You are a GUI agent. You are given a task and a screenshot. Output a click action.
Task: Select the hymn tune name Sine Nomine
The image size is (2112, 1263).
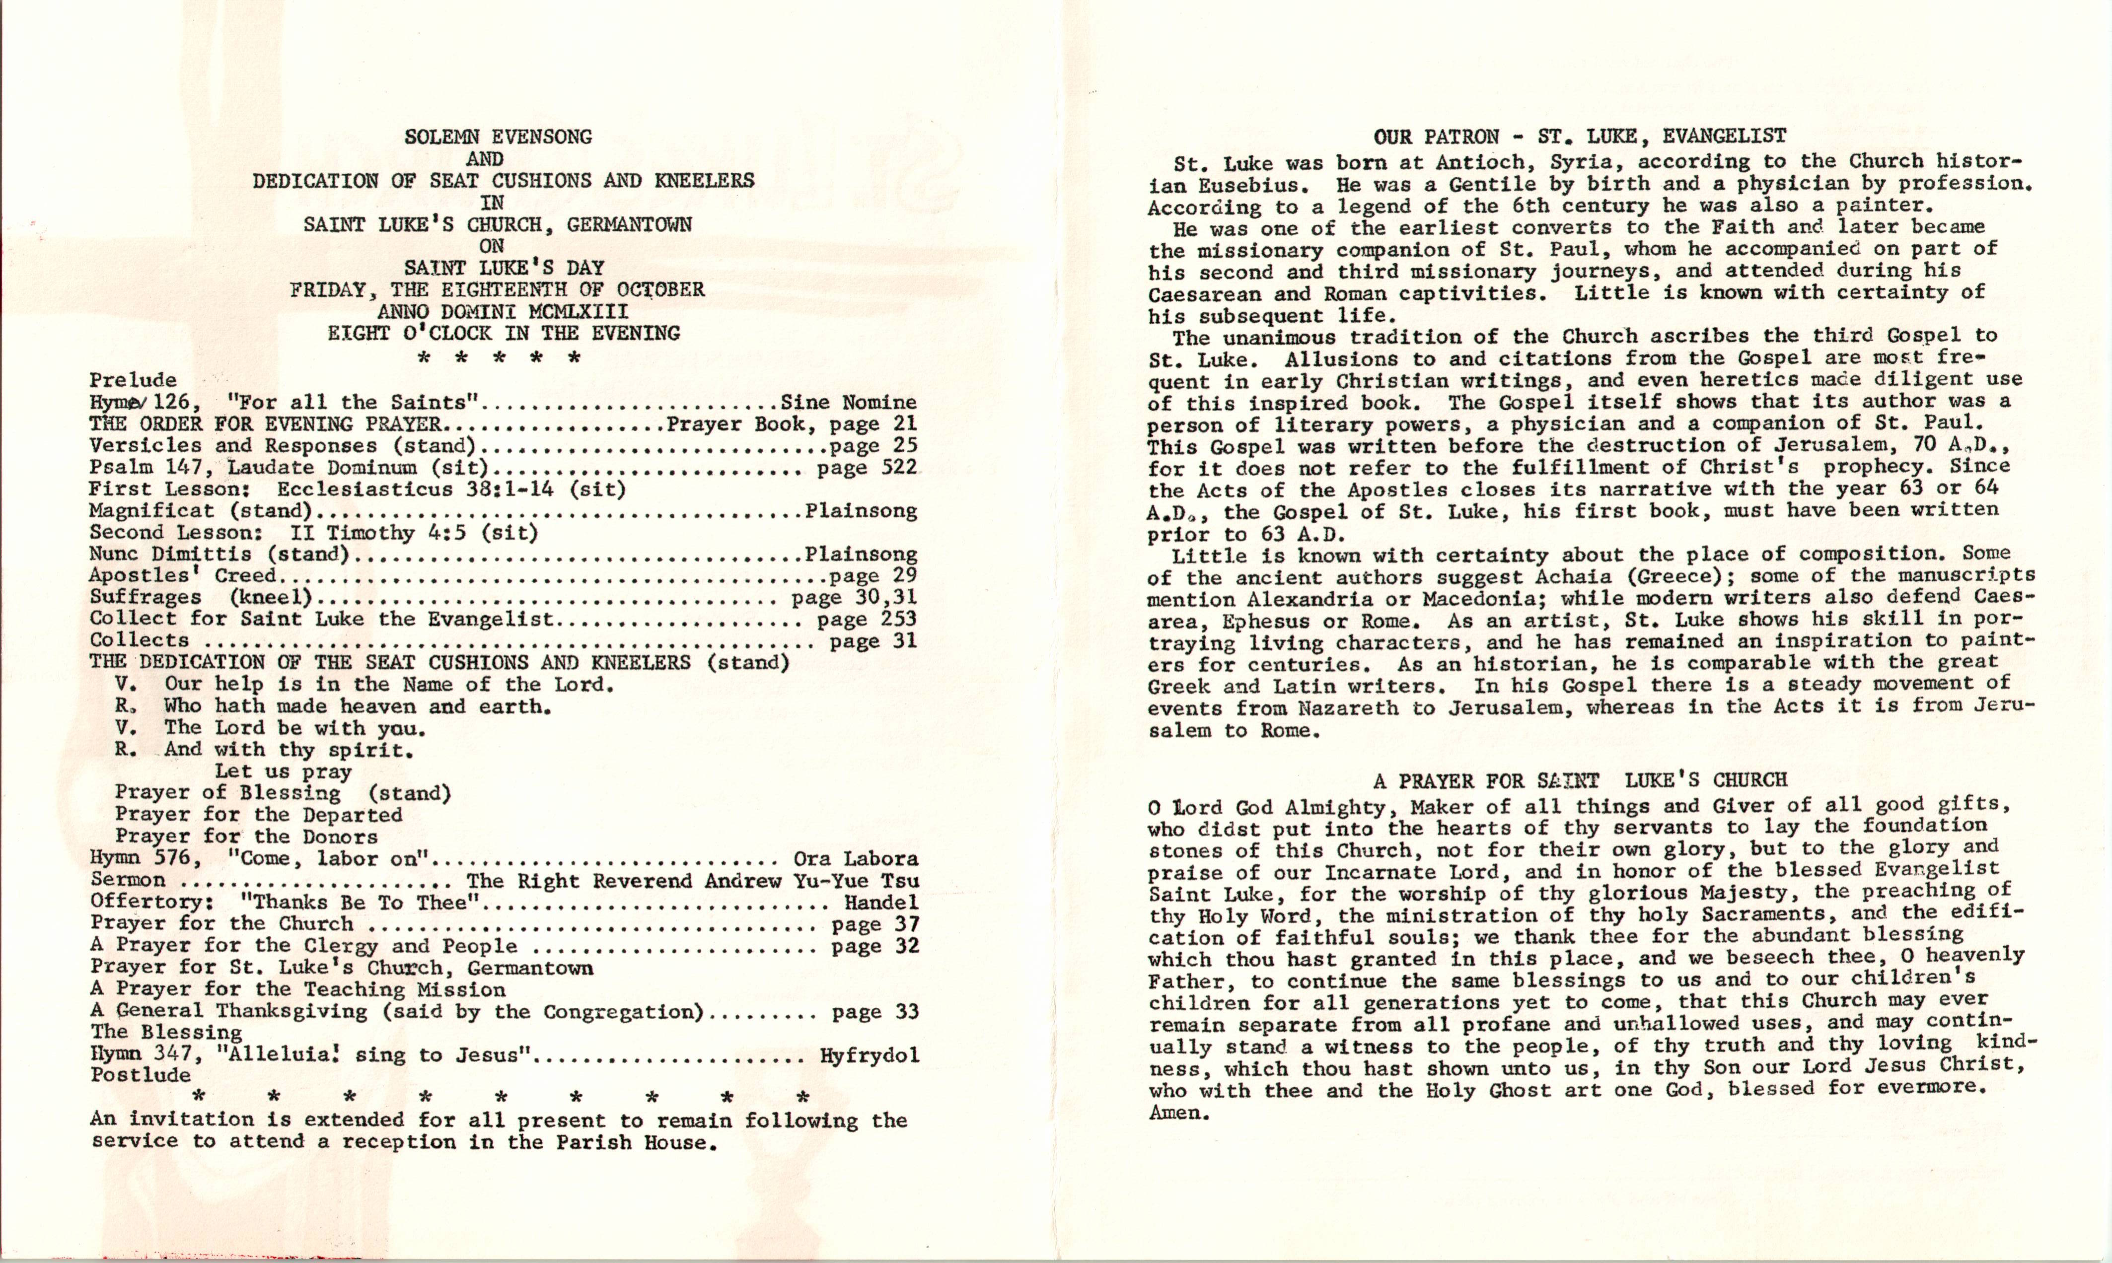tap(848, 402)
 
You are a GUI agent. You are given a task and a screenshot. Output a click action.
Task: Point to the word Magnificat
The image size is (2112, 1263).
tap(151, 511)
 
